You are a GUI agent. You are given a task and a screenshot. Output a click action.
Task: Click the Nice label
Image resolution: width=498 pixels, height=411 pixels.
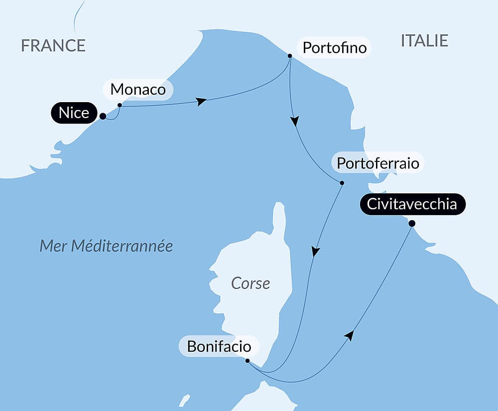click(x=74, y=113)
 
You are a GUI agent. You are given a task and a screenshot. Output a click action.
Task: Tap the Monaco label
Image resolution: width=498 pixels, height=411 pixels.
click(x=138, y=90)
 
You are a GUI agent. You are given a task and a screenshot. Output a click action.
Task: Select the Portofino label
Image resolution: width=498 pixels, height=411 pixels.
click(x=334, y=48)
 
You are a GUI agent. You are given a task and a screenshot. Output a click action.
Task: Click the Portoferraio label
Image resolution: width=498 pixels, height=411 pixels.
click(x=378, y=163)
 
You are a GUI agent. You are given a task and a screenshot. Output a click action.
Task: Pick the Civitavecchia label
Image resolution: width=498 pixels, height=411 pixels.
click(x=412, y=204)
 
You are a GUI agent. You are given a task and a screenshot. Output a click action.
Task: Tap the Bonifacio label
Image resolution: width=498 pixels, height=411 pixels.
click(x=219, y=346)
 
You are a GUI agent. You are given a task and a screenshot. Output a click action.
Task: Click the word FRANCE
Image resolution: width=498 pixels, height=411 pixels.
click(x=53, y=45)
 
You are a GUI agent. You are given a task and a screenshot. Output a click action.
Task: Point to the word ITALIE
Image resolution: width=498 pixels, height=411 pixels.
click(x=424, y=40)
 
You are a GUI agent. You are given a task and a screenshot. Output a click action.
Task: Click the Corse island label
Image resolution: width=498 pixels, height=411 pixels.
click(x=250, y=283)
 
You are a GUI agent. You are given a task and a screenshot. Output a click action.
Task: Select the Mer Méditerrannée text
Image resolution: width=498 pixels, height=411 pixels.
click(x=106, y=246)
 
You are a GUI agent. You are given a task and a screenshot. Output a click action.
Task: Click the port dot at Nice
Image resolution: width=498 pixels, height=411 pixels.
click(x=103, y=116)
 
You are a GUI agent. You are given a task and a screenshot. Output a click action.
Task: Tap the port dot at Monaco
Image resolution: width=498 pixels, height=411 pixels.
click(x=120, y=105)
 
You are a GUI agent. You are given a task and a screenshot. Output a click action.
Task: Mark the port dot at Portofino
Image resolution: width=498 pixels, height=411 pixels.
click(x=290, y=56)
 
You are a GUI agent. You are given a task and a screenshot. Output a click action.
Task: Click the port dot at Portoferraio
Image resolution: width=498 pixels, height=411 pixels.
click(x=342, y=183)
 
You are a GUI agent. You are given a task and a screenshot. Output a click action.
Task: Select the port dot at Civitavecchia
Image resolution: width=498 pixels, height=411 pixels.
click(x=412, y=223)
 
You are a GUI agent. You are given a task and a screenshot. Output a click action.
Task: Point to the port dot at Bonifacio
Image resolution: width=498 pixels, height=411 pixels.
click(x=248, y=361)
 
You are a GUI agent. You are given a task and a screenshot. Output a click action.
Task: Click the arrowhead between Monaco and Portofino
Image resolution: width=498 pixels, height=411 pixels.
click(x=201, y=101)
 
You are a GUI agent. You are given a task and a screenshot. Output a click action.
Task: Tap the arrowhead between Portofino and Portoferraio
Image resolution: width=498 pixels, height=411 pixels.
click(x=295, y=121)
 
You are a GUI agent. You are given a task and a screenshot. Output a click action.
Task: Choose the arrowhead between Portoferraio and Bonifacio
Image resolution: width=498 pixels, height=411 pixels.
click(x=315, y=251)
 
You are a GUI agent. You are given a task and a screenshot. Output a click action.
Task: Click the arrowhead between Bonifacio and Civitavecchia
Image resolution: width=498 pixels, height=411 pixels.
click(x=350, y=335)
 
